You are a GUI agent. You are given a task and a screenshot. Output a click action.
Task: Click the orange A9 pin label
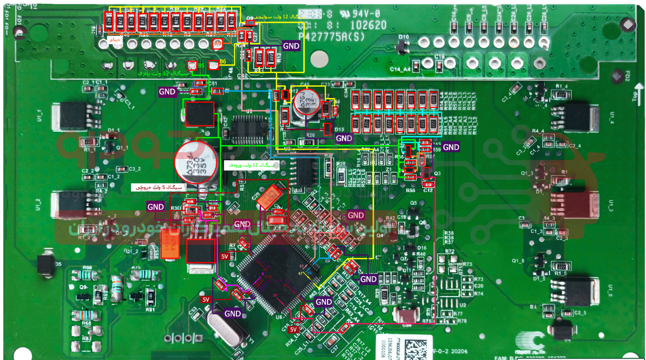[218, 44]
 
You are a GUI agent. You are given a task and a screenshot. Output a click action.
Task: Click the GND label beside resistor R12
[291, 46]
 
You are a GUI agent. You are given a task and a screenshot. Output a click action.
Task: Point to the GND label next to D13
[344, 138]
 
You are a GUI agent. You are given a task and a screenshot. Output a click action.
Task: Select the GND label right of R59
[451, 147]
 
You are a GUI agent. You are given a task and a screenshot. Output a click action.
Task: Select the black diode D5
[46, 264]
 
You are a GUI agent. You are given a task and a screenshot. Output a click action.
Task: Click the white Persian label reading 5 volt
[158, 188]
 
